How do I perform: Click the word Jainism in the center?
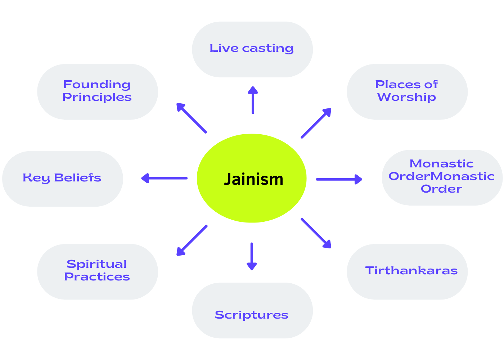point(253,179)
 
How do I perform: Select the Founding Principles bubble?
point(97,91)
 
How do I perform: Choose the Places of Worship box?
point(407,91)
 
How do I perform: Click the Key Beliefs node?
point(62,178)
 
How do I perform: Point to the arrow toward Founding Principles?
point(191,118)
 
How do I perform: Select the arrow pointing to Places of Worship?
point(316,123)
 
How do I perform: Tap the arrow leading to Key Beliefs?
point(164,178)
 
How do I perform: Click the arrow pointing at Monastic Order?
point(339,179)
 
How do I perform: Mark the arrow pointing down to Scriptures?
point(252,256)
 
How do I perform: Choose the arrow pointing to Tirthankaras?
point(316,233)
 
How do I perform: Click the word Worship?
point(406,97)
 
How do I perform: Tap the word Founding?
point(97,85)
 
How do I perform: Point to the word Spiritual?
point(97,264)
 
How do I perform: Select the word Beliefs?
point(77,178)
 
